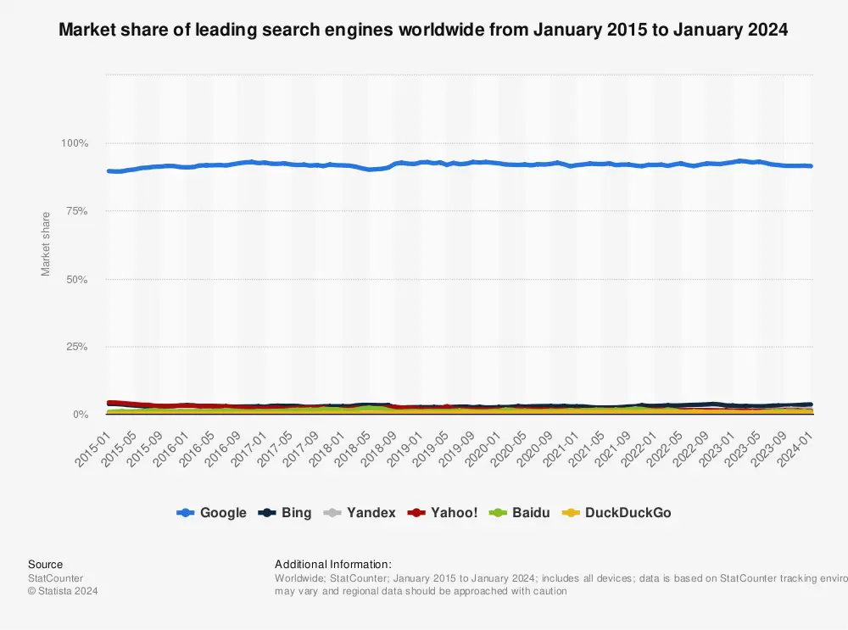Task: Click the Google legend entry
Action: pyautogui.click(x=213, y=513)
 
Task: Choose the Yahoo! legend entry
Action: pyautogui.click(x=443, y=513)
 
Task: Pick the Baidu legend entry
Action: pyautogui.click(x=517, y=513)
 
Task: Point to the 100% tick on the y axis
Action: pyautogui.click(x=75, y=143)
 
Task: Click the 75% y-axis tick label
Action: pyautogui.click(x=76, y=211)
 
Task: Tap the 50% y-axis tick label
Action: pyautogui.click(x=76, y=279)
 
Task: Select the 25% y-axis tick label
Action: pyautogui.click(x=76, y=347)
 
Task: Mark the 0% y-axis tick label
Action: pyautogui.click(x=80, y=415)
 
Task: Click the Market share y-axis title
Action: pyautogui.click(x=47, y=243)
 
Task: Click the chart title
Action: pyautogui.click(x=423, y=31)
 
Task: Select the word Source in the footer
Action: pyautogui.click(x=45, y=564)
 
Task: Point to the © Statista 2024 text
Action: pyautogui.click(x=63, y=591)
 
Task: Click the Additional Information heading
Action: pyautogui.click(x=333, y=564)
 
